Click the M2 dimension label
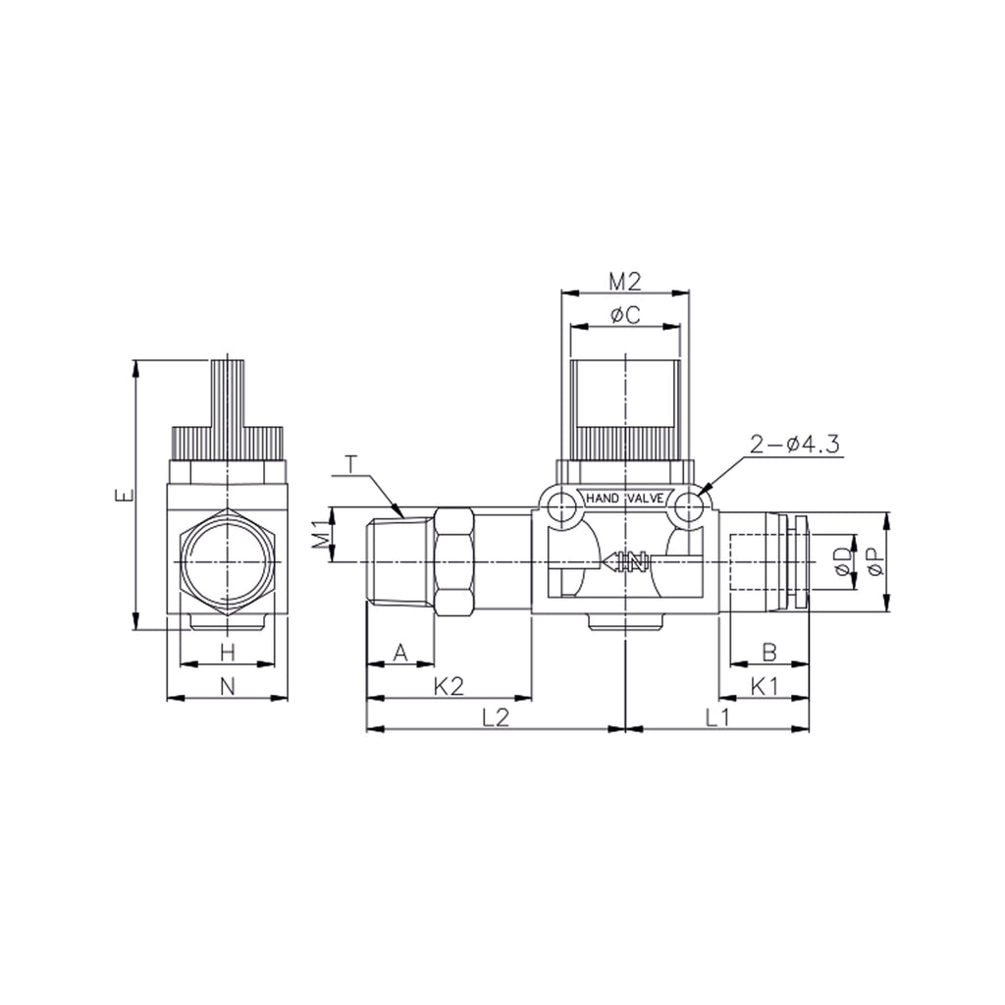click(x=624, y=281)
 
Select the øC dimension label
click(x=625, y=315)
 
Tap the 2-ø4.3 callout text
click(x=794, y=445)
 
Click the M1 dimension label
click(x=324, y=533)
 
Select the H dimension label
click(x=228, y=653)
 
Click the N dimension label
click(x=228, y=686)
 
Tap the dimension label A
click(x=400, y=653)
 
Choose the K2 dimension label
click(x=449, y=686)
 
